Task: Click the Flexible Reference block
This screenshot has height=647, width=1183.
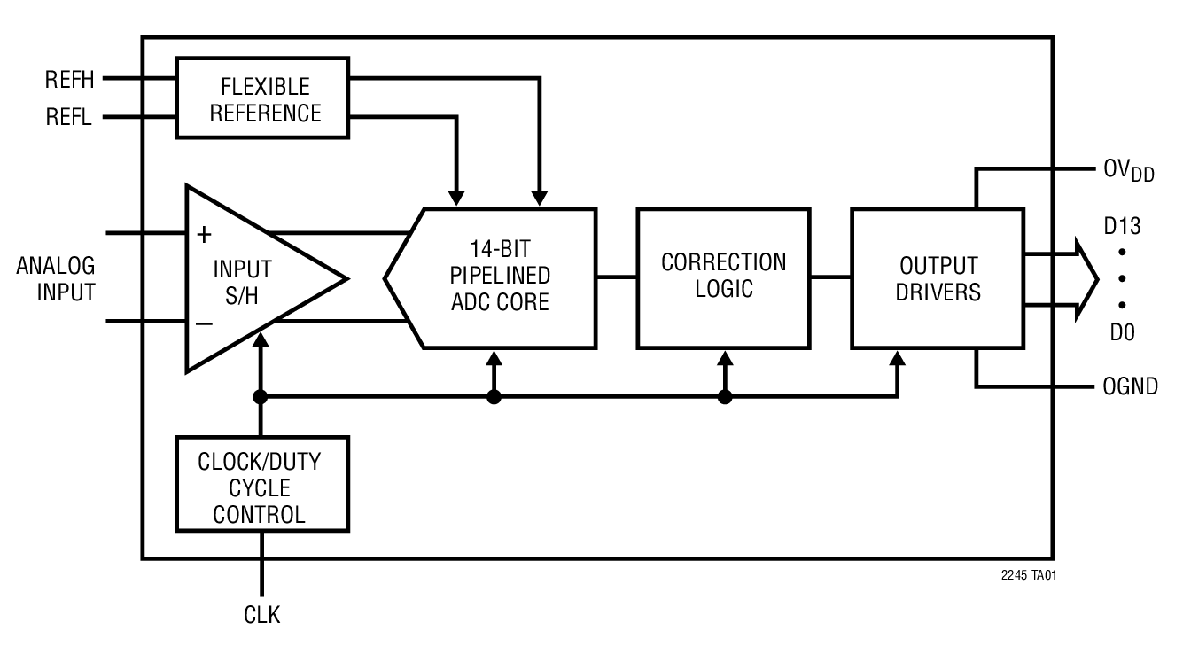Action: pos(264,98)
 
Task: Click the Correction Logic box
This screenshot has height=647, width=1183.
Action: pos(723,277)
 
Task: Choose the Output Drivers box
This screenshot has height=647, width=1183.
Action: pos(938,278)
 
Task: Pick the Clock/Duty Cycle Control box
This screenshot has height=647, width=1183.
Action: pos(261,487)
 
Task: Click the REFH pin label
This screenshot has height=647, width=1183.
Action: pos(69,80)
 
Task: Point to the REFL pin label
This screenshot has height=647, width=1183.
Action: pos(69,116)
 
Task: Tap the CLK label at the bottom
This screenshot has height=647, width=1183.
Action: pos(261,614)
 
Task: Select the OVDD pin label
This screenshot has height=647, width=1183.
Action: pos(1128,171)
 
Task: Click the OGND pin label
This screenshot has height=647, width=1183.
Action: pos(1130,387)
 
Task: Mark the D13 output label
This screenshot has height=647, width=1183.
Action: pos(1122,227)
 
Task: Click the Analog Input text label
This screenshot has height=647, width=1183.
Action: pos(56,279)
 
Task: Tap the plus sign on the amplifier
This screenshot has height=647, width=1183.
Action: pos(204,235)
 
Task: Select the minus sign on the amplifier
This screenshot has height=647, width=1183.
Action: pos(204,323)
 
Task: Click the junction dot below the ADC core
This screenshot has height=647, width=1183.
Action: pos(494,397)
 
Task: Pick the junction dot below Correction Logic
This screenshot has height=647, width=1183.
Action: pos(725,397)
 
